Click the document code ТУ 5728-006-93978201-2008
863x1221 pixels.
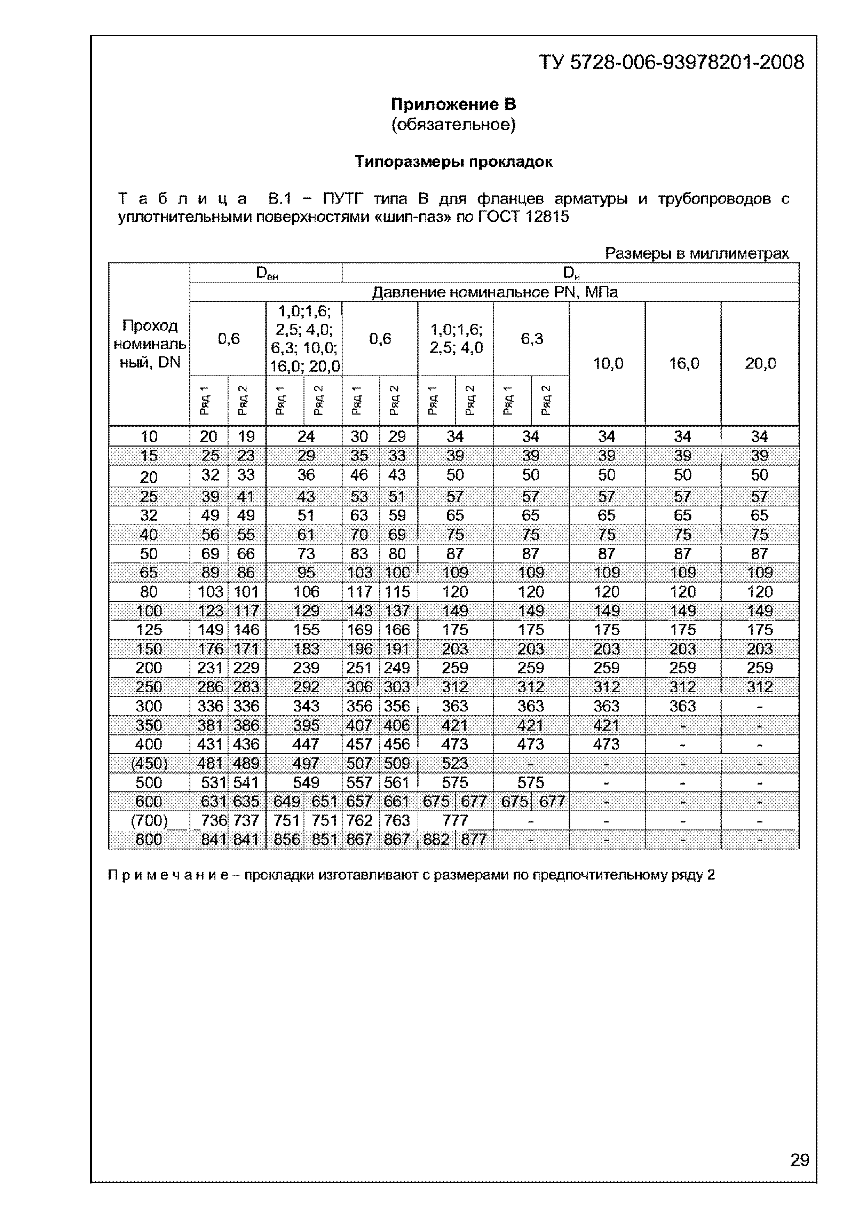[672, 63]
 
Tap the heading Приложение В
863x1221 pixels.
[453, 104]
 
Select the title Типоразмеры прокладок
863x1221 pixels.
[453, 162]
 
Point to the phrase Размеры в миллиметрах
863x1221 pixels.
[697, 254]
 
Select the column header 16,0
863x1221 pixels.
[684, 364]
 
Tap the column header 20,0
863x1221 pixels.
[760, 364]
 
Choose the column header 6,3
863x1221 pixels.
[532, 339]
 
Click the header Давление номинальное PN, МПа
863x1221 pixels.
[494, 292]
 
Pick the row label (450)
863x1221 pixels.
[149, 764]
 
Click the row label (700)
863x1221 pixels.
[149, 821]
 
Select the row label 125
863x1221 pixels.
[149, 630]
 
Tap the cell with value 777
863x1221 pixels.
[455, 821]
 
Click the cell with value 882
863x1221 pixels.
[437, 840]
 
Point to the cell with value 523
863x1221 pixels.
[455, 764]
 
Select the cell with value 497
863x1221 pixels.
[306, 764]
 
